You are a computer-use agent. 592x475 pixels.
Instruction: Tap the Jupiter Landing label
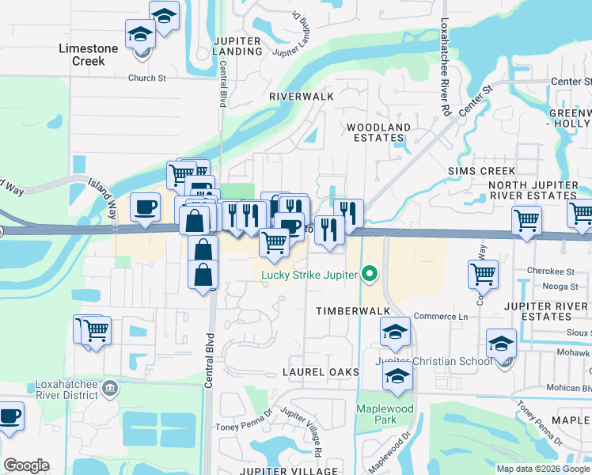[x=238, y=45]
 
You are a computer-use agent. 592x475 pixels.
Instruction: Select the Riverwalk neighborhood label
[x=302, y=96]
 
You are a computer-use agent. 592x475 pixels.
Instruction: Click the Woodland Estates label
[x=379, y=132]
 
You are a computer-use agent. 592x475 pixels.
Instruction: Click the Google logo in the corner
[x=26, y=465]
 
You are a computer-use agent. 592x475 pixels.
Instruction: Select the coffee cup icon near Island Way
[x=144, y=207]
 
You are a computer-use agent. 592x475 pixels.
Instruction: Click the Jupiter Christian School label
[x=427, y=361]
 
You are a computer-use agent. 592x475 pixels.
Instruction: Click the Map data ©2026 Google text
[x=542, y=469]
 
